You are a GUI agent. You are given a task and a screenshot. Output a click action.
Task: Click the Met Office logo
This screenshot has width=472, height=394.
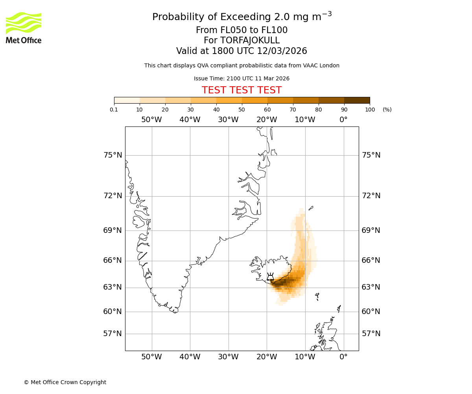click(x=24, y=28)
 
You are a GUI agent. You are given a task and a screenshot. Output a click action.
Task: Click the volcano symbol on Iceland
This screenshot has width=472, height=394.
click(x=270, y=277)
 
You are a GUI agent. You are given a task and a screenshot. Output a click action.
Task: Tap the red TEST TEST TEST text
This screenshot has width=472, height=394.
click(x=242, y=90)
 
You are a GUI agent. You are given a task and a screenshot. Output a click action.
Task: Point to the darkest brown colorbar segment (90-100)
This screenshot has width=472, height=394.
click(x=357, y=100)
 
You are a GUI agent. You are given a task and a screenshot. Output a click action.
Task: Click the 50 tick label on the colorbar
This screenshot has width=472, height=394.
click(x=242, y=110)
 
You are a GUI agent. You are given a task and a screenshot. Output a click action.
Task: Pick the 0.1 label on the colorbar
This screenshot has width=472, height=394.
click(x=114, y=110)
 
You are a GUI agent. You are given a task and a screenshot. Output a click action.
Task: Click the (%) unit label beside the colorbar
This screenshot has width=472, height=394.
click(x=387, y=110)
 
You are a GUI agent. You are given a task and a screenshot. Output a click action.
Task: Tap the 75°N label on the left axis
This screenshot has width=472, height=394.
click(x=113, y=155)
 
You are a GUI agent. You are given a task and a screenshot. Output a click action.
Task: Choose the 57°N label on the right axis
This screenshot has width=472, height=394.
click(x=371, y=334)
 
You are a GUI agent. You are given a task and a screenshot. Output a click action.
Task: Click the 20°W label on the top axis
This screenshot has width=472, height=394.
click(x=267, y=120)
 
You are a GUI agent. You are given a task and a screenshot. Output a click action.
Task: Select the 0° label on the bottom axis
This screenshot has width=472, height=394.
click(x=343, y=357)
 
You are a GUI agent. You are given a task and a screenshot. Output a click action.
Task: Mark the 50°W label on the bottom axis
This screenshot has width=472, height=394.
click(x=151, y=357)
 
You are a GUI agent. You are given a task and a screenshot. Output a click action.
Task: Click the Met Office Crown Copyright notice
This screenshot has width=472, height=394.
click(x=65, y=382)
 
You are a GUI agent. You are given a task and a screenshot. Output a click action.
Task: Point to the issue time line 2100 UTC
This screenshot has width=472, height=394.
click(x=242, y=79)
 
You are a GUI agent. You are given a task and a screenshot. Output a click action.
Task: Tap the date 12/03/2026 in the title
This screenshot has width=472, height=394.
click(x=282, y=51)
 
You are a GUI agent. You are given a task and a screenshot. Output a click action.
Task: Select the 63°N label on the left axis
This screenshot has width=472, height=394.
click(x=113, y=287)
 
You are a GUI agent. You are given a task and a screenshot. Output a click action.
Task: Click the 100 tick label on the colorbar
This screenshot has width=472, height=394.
click(x=370, y=110)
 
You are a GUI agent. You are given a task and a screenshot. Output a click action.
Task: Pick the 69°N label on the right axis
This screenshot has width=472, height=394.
click(x=371, y=230)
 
